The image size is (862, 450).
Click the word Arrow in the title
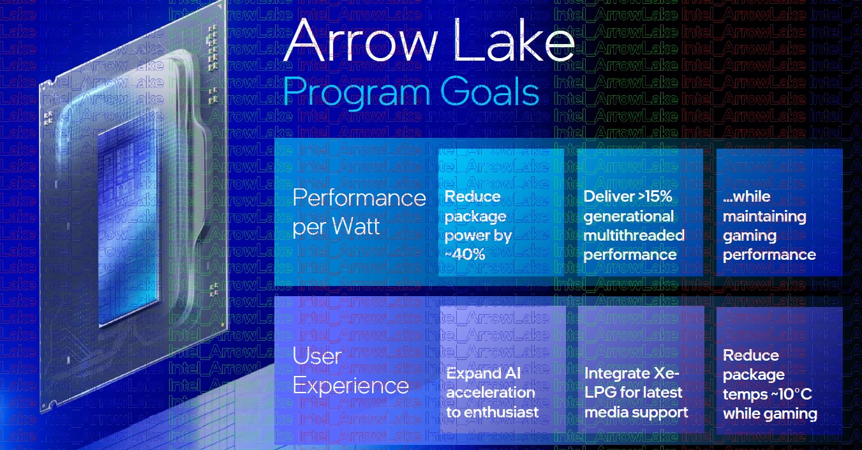tap(360, 40)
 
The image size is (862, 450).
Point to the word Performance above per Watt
tap(359, 198)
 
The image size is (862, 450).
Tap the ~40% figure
tap(465, 255)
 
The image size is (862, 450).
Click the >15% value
tap(655, 197)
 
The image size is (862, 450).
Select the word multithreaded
tap(634, 235)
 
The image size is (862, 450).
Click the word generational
tap(628, 216)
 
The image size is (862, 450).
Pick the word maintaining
tap(764, 216)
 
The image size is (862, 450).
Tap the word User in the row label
tap(316, 356)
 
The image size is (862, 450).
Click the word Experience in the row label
tap(350, 386)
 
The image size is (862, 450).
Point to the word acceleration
tap(491, 393)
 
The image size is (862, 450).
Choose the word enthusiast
tap(503, 412)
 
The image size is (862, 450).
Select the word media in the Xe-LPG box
tap(605, 412)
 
